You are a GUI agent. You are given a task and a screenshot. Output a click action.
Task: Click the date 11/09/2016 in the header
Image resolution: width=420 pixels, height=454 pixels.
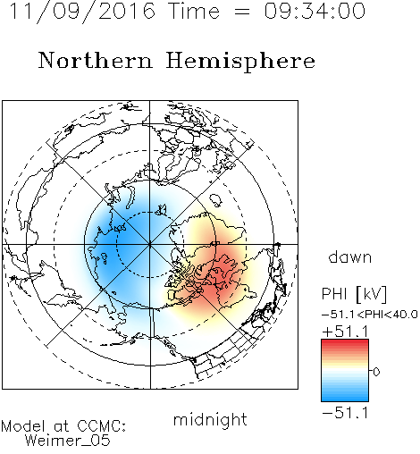click(x=82, y=11)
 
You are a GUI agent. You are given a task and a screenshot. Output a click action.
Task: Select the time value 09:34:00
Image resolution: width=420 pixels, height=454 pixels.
click(x=315, y=11)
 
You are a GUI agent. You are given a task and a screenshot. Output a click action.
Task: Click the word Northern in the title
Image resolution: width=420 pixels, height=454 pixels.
click(x=96, y=61)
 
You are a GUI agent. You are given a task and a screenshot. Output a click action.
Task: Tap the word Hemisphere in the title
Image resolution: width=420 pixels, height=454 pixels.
click(x=240, y=62)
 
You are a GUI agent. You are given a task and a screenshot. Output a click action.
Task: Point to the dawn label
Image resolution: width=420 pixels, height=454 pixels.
click(x=350, y=256)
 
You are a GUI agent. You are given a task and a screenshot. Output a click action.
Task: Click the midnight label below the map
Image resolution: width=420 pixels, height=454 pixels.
click(x=210, y=419)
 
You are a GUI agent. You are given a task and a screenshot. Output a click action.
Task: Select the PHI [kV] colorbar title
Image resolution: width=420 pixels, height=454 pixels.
click(x=354, y=294)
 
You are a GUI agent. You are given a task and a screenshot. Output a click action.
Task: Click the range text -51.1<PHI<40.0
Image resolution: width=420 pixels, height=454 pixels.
click(x=369, y=315)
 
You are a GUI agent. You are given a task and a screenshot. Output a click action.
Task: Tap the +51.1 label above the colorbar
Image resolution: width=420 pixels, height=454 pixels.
click(x=345, y=332)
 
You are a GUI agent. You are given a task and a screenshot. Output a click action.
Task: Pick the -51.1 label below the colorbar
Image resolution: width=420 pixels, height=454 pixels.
click(x=345, y=413)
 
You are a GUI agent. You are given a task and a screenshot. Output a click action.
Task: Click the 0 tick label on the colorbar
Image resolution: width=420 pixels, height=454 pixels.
click(x=376, y=372)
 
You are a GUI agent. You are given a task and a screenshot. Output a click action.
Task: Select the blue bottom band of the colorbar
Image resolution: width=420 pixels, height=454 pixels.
click(x=345, y=397)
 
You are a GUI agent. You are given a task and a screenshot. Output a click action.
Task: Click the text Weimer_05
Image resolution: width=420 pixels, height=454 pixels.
click(x=68, y=441)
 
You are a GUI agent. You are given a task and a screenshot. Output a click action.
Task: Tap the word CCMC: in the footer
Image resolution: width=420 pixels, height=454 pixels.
click(x=102, y=426)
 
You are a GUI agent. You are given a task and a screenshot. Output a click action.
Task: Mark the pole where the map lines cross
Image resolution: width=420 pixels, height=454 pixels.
click(x=150, y=244)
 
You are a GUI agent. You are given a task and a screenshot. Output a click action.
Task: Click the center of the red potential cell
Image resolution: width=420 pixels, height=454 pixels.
click(x=221, y=274)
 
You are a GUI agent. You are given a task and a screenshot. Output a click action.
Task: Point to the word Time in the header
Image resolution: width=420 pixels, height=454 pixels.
click(x=194, y=11)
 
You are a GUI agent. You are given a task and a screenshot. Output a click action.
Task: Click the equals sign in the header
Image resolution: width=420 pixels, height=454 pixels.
click(x=241, y=12)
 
